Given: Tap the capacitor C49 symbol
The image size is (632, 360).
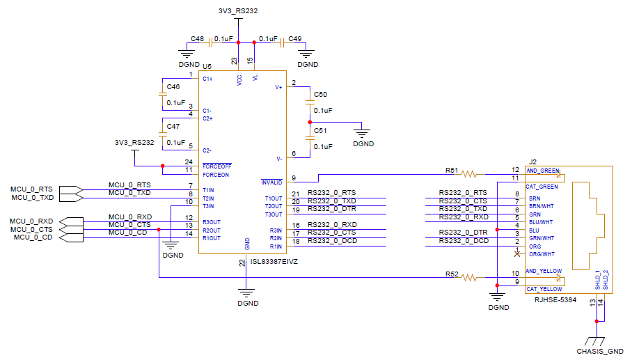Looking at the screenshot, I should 281,42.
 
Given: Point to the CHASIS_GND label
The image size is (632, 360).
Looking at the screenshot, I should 600,352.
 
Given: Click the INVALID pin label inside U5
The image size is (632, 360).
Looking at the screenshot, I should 271,182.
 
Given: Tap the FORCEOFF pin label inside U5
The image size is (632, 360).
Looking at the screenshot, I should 216,166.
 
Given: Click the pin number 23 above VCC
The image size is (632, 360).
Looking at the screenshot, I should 235,61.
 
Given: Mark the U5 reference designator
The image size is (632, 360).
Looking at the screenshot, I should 207,66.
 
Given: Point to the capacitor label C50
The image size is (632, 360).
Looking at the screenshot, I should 320,94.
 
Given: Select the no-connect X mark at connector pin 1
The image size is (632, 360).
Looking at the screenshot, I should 516,254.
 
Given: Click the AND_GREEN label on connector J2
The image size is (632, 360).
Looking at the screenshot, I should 542,171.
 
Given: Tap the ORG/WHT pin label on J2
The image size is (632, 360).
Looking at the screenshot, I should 542,254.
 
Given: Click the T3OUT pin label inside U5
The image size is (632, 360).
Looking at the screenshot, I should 273,214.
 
